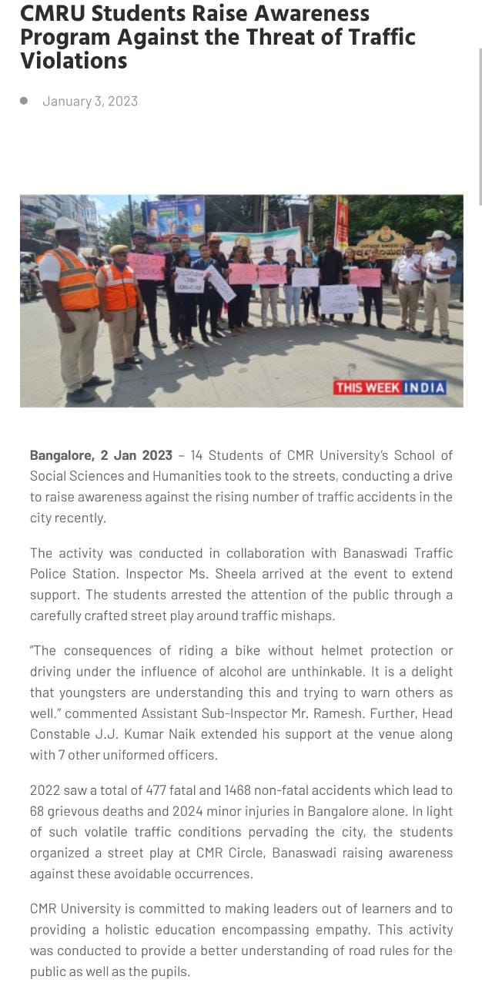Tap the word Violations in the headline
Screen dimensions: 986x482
(x=74, y=61)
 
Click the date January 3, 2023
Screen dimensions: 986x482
(x=90, y=101)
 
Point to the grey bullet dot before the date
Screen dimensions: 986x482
(x=24, y=100)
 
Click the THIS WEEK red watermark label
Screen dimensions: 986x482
(x=367, y=387)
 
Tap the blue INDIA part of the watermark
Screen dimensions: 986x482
(x=424, y=387)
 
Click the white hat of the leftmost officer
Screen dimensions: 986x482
(x=65, y=224)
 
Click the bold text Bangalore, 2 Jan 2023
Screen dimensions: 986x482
(x=101, y=455)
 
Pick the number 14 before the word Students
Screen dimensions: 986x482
(x=196, y=455)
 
